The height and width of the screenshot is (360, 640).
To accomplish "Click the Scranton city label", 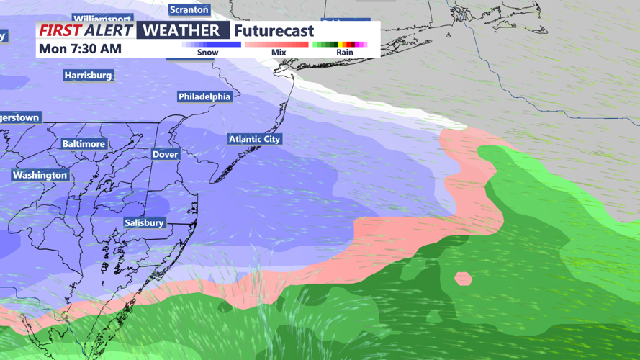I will [189, 10].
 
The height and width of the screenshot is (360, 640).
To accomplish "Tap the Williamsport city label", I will [102, 19].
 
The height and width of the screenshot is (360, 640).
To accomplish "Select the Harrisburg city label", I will [88, 76].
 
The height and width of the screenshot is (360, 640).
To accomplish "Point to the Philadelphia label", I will [204, 96].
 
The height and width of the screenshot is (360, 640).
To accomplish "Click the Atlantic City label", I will [254, 139].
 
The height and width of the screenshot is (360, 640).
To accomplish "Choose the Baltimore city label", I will [84, 144].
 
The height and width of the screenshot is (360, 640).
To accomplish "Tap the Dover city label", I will [165, 154].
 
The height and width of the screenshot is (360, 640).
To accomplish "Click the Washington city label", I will [40, 175].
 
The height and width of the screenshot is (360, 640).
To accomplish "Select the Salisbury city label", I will [144, 223].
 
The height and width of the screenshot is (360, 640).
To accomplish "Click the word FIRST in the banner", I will [60, 31].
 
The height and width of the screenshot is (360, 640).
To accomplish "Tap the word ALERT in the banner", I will [108, 31].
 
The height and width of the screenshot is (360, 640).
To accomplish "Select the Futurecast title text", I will [274, 31].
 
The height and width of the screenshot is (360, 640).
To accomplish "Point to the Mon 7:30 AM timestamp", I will [80, 49].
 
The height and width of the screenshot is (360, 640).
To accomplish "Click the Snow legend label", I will [207, 53].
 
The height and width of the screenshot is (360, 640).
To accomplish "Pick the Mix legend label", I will [279, 53].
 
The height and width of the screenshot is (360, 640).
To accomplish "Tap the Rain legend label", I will [345, 53].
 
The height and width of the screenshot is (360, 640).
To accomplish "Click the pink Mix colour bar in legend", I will [276, 45].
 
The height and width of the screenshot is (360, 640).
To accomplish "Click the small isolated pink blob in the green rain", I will [463, 278].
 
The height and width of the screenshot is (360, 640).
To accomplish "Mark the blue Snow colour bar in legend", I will [211, 45].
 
